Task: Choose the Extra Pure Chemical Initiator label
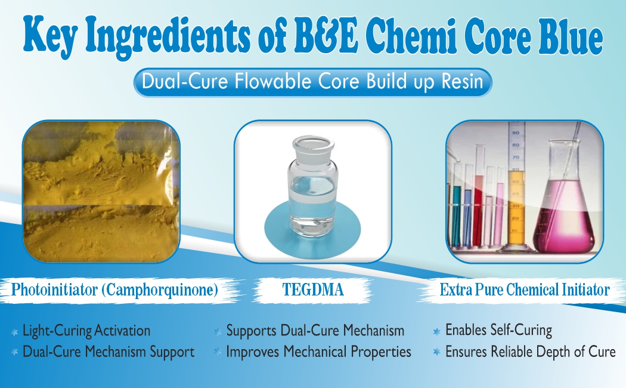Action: pos(524,291)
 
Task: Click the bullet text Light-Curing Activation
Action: pos(86,330)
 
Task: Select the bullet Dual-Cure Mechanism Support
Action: pos(109,352)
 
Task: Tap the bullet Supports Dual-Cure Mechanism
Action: pos(315,330)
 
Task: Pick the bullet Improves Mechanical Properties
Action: pos(318,352)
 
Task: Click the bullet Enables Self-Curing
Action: pos(498,330)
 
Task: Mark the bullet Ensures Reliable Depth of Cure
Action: pos(530,352)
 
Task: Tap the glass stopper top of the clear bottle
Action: pos(312,144)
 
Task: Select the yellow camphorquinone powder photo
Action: pos(101,191)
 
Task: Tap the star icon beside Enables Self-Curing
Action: pos(436,331)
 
